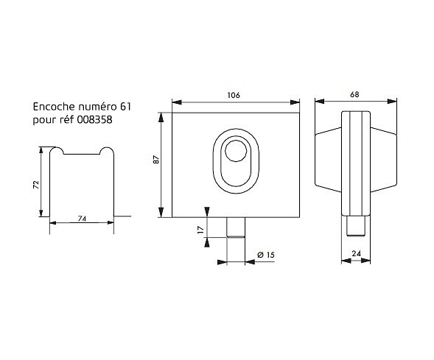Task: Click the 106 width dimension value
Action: click(x=234, y=95)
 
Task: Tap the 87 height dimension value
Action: click(x=156, y=160)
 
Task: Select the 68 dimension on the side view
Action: click(x=354, y=94)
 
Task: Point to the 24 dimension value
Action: click(x=356, y=253)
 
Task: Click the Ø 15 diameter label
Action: click(x=266, y=255)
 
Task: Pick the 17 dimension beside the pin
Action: click(x=200, y=229)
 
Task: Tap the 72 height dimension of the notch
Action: click(x=36, y=185)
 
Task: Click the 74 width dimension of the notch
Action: click(x=82, y=219)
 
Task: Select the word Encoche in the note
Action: click(x=54, y=107)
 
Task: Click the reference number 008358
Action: click(x=94, y=120)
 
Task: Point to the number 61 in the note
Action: click(x=125, y=107)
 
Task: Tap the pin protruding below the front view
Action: click(x=236, y=227)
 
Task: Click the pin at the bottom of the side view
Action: click(x=356, y=226)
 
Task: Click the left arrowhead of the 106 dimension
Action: click(x=177, y=102)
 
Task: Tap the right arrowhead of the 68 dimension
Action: click(x=392, y=102)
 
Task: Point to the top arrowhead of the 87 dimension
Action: click(x=161, y=117)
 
